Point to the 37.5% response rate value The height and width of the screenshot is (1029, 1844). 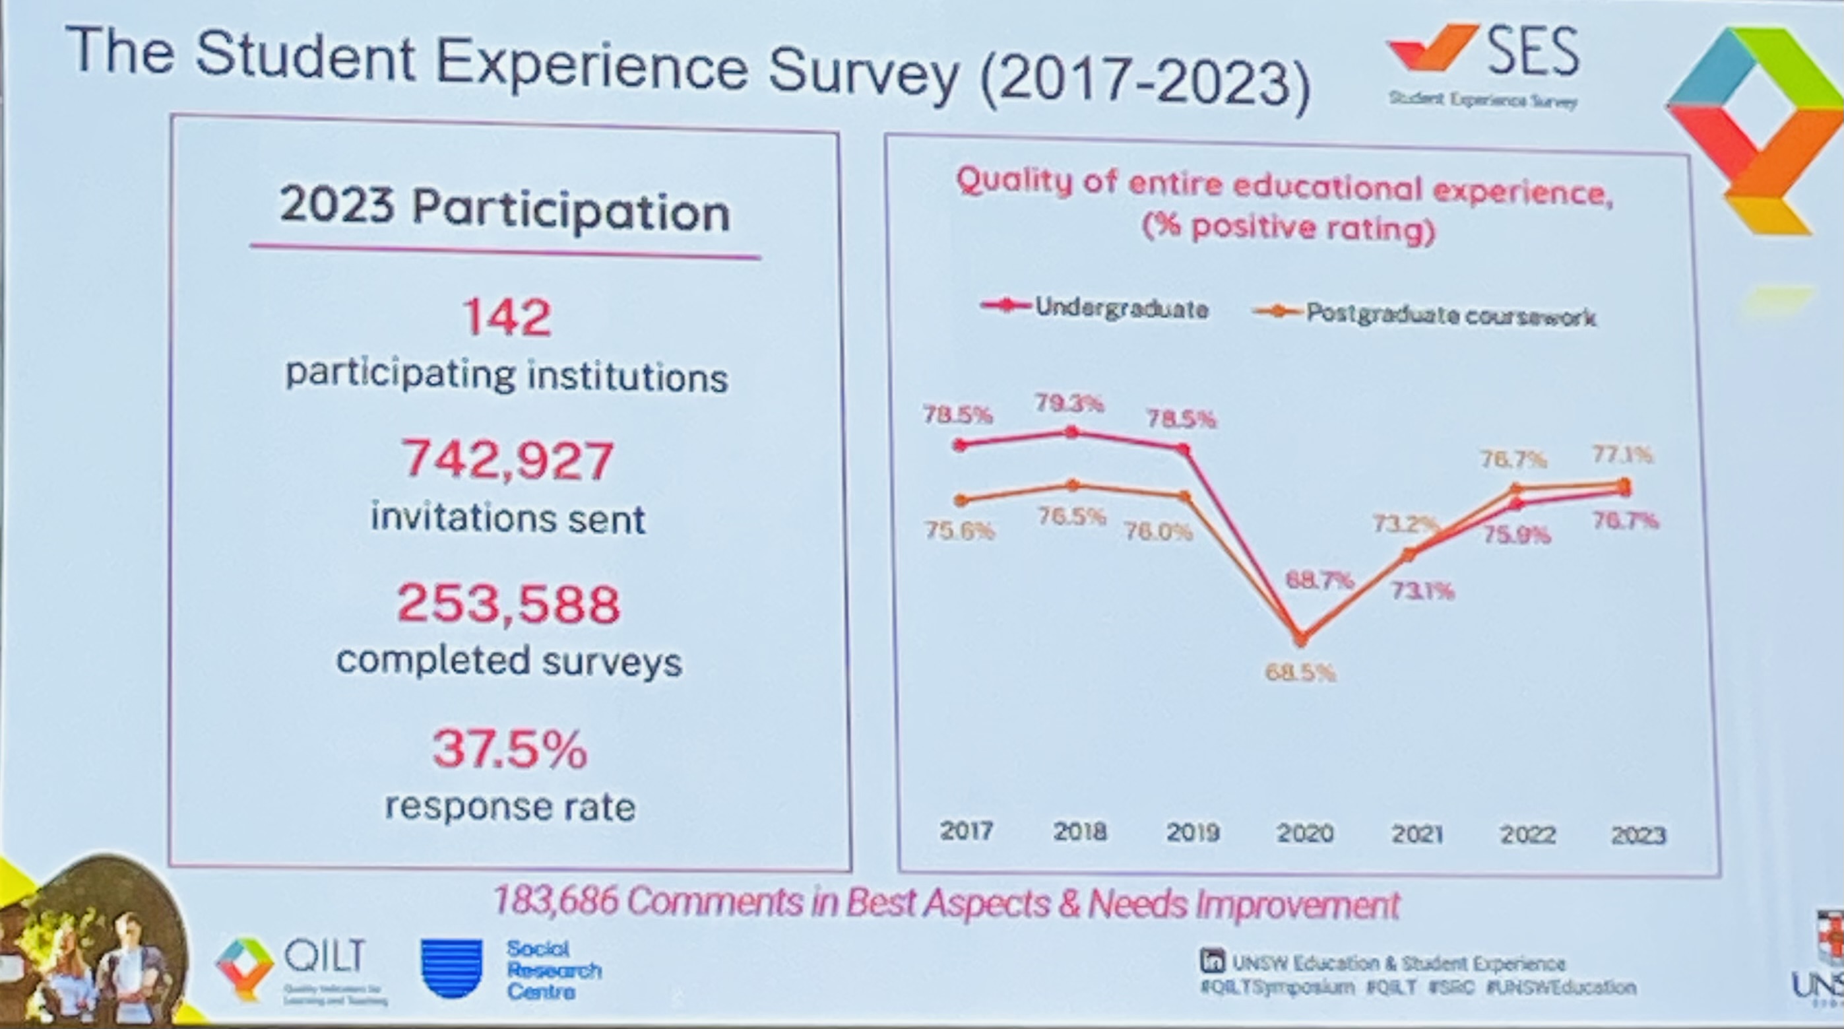pyautogui.click(x=510, y=748)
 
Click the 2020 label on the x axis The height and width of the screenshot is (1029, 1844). pyautogui.click(x=1305, y=834)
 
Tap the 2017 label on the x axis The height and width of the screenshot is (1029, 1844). pyautogui.click(x=966, y=830)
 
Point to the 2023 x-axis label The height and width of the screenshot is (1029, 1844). pyautogui.click(x=1638, y=836)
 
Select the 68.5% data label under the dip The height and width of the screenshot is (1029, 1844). pyautogui.click(x=1300, y=673)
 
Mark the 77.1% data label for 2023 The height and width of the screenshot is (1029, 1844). pyautogui.click(x=1622, y=454)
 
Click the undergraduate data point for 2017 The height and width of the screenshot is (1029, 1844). pyautogui.click(x=961, y=445)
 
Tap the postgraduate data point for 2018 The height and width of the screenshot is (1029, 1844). pyautogui.click(x=1072, y=486)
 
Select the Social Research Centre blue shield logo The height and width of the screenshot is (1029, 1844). pyautogui.click(x=452, y=968)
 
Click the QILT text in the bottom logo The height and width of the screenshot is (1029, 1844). pyautogui.click(x=325, y=955)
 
